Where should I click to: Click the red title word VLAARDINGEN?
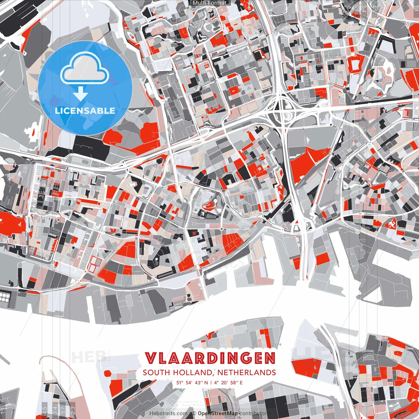point(210,358)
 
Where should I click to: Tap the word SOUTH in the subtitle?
point(156,373)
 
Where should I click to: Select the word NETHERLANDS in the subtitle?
point(246,373)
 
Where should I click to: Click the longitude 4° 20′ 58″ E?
point(229,382)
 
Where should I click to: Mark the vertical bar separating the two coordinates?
point(211,382)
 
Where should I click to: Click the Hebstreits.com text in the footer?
point(169,413)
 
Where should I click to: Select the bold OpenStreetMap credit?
point(218,413)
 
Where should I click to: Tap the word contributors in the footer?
point(254,413)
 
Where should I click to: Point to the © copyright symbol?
point(194,413)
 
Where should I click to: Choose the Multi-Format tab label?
point(209,3)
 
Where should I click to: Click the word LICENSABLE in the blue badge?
point(85,111)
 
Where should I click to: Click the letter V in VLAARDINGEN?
point(151,358)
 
